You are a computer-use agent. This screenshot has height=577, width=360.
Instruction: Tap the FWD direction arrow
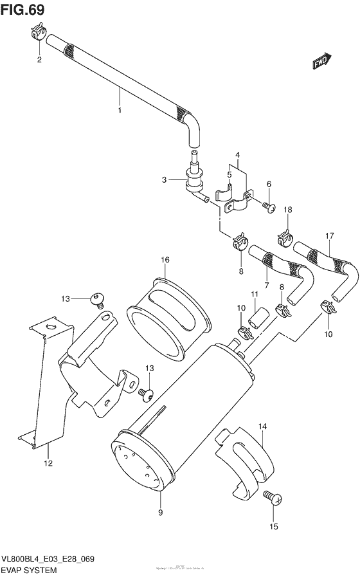coord(321,61)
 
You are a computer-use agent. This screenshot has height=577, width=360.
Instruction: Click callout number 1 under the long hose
coord(119,110)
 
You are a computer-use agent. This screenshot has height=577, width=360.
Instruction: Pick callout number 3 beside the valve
coord(165,180)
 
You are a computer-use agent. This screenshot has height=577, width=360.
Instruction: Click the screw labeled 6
coord(269,206)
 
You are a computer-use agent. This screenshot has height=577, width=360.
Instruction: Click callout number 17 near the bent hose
coord(330,236)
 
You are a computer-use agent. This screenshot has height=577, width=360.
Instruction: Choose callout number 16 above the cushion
coord(165,259)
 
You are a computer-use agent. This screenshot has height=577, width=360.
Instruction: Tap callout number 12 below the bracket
coord(47,463)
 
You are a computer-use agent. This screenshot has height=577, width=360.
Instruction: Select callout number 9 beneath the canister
coord(160,512)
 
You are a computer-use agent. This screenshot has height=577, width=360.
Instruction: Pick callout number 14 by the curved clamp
coord(262,426)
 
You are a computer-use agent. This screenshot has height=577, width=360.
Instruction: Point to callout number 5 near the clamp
coord(229,174)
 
